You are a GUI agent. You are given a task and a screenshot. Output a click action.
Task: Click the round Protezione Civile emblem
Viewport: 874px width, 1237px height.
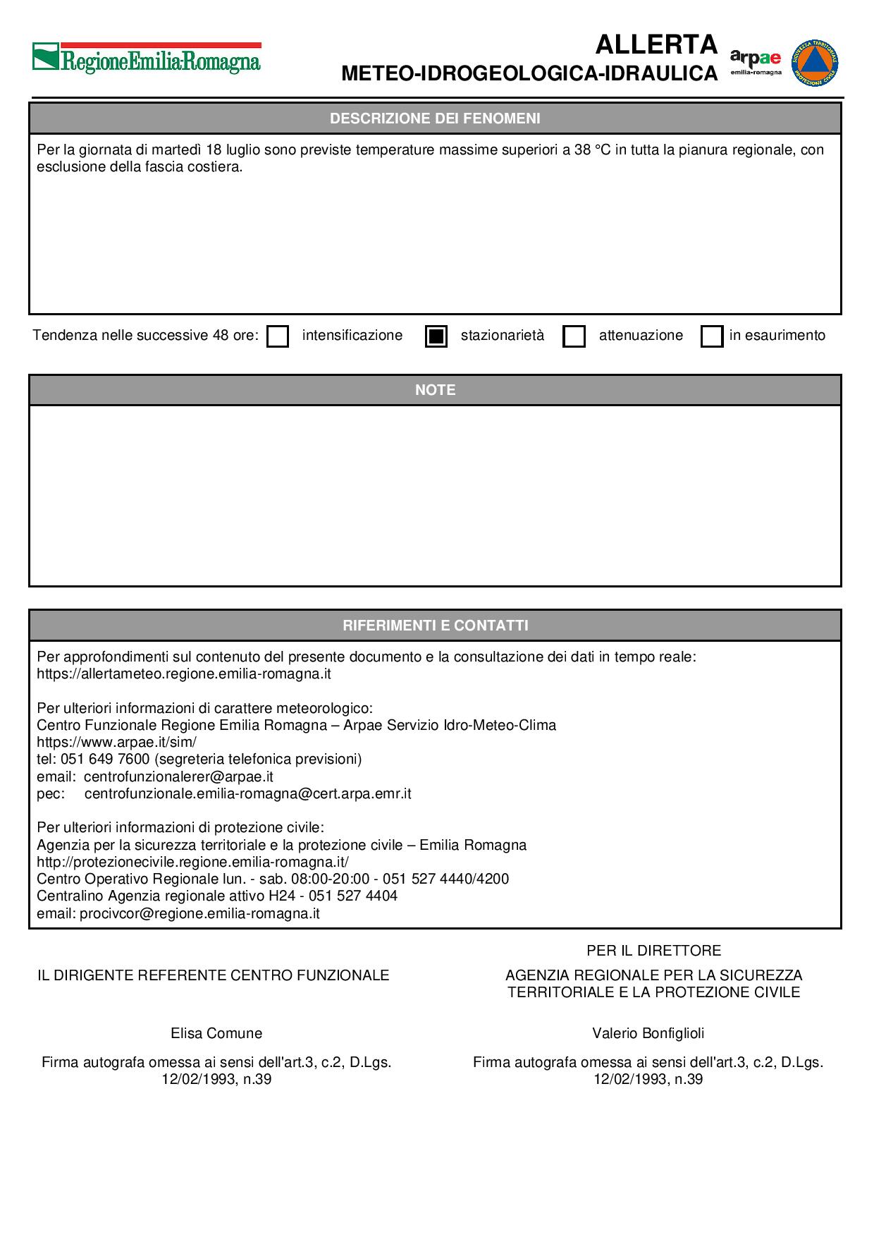coord(815,63)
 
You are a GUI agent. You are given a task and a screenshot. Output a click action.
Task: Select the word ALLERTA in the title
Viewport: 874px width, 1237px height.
coord(656,45)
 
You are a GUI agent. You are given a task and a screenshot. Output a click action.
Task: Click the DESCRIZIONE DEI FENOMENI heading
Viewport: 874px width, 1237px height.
coord(435,118)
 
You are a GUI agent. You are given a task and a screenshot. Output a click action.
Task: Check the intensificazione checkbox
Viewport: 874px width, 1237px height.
coord(278,336)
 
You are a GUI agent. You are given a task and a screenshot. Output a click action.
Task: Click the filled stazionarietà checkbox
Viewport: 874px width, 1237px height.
coord(436,336)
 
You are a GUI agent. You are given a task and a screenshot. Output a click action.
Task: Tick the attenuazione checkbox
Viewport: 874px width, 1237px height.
coord(574,336)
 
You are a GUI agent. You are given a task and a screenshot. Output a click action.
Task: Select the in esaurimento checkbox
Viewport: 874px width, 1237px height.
coord(712,336)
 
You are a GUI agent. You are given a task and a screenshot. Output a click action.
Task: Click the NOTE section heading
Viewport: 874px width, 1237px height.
coord(435,390)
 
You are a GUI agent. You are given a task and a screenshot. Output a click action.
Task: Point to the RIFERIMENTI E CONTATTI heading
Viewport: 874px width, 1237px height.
coord(435,626)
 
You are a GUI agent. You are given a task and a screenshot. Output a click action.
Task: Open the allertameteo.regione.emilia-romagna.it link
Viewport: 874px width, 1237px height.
coord(184,674)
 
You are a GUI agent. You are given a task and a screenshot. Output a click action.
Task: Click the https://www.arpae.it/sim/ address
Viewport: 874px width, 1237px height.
coord(116,742)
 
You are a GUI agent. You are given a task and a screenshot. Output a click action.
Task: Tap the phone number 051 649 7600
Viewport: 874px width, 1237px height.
coord(105,759)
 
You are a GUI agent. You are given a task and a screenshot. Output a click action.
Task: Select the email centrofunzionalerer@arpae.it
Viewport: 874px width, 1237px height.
coord(178,776)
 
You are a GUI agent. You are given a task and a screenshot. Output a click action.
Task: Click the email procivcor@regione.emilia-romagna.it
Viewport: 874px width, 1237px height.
coord(199,913)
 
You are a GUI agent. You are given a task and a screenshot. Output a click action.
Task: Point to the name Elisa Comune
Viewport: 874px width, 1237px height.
coord(216,1033)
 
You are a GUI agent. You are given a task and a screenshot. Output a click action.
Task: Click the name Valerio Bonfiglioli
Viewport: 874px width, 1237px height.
coord(648,1033)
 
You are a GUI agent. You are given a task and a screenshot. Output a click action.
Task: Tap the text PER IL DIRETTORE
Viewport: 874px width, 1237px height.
coord(653,951)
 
